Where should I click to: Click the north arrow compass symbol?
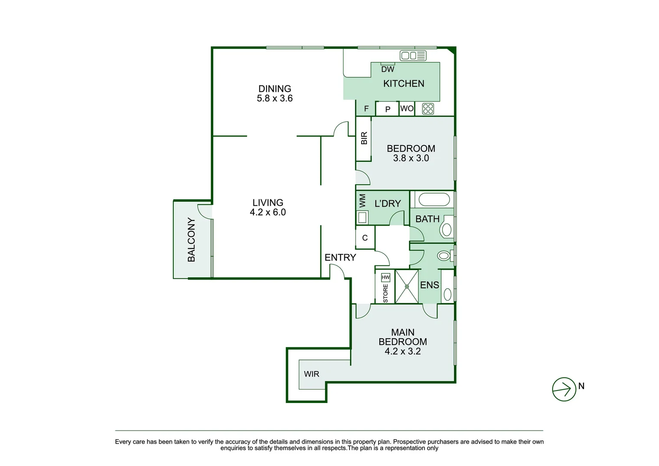[564, 389]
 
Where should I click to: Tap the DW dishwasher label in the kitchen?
[387, 69]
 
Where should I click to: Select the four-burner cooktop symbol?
[428, 109]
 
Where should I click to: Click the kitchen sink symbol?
[413, 56]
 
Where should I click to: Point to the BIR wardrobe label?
[364, 138]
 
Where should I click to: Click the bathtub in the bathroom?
[434, 199]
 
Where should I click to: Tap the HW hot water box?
[385, 277]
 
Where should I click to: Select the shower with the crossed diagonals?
[406, 287]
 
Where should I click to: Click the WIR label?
[311, 374]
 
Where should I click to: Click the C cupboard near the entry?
[365, 238]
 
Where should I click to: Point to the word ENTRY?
[340, 258]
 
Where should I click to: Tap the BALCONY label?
[191, 239]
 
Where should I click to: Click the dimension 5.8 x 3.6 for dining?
[275, 98]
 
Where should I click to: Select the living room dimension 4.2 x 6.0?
[268, 212]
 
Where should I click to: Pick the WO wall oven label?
[407, 108]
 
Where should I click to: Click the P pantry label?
[388, 109]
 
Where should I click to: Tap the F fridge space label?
[366, 109]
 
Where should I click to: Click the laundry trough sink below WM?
[362, 218]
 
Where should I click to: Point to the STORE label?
[385, 293]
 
